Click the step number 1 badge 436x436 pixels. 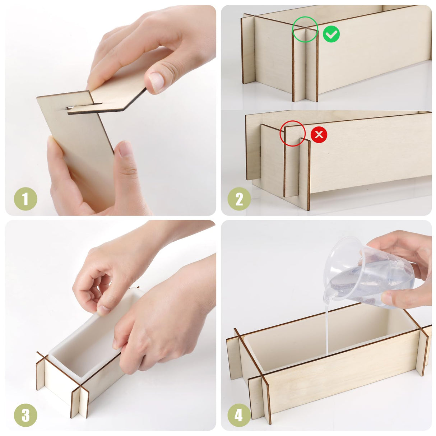(x=25, y=199)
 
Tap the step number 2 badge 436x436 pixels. (x=239, y=199)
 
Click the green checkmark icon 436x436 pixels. (x=331, y=34)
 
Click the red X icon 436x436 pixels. (x=319, y=135)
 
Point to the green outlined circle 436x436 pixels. (x=305, y=29)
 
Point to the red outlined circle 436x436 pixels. (x=292, y=133)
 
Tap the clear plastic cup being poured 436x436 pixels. (x=363, y=273)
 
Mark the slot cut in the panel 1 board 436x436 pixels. (x=85, y=106)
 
